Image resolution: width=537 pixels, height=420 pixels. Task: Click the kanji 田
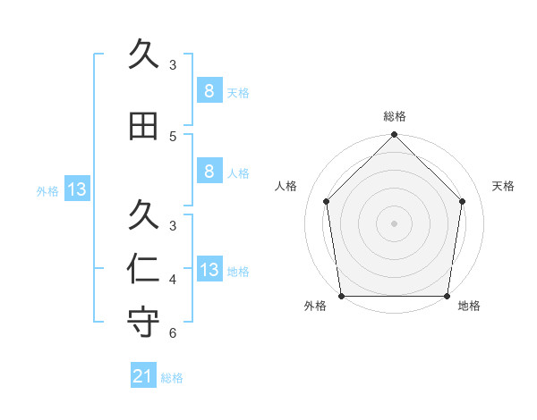click(143, 125)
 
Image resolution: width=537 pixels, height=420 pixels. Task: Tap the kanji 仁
click(143, 269)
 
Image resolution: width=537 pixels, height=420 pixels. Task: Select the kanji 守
click(143, 323)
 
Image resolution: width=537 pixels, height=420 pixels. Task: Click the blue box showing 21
click(142, 376)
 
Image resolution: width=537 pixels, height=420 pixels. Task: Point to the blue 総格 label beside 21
click(172, 378)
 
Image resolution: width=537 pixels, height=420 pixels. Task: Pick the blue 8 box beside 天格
click(209, 90)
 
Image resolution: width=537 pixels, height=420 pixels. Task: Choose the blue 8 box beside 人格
click(209, 172)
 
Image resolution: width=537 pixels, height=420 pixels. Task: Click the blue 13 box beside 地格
click(209, 270)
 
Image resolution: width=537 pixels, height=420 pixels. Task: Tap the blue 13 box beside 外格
click(76, 189)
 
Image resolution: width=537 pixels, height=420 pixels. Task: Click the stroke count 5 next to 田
click(173, 136)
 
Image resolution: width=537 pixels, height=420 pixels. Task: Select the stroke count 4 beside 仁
click(173, 280)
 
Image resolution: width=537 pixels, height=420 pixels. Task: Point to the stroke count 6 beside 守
click(173, 333)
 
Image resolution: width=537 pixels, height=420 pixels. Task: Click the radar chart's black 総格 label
click(395, 116)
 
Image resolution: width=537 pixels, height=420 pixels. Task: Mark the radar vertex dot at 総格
click(395, 136)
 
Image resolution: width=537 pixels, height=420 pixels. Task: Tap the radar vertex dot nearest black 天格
click(463, 201)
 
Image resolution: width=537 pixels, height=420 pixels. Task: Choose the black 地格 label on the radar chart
click(469, 307)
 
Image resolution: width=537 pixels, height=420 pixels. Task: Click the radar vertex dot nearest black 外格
click(341, 296)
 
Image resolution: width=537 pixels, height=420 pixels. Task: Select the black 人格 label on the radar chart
click(286, 186)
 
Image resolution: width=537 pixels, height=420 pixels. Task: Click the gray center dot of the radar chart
click(395, 223)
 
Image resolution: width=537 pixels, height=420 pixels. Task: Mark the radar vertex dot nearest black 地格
click(447, 296)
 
